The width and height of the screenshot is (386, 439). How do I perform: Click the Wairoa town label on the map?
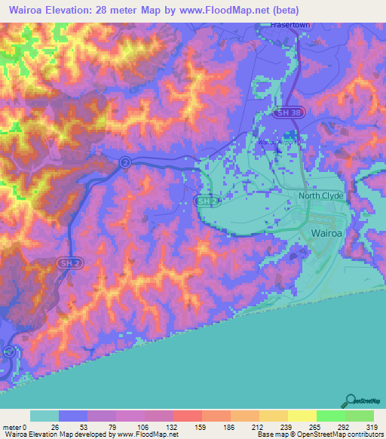pyautogui.click(x=329, y=234)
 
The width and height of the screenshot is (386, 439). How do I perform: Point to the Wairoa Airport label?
pyautogui.click(x=279, y=141)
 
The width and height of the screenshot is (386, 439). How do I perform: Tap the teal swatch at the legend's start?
pyautogui.click(x=44, y=416)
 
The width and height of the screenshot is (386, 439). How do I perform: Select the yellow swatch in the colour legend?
pyautogui.click(x=302, y=416)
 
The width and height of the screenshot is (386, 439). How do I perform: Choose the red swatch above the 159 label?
pyautogui.click(x=188, y=416)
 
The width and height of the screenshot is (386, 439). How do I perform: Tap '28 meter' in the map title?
pyautogui.click(x=118, y=11)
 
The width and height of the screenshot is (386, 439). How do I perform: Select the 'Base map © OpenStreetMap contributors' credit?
pyautogui.click(x=320, y=434)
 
